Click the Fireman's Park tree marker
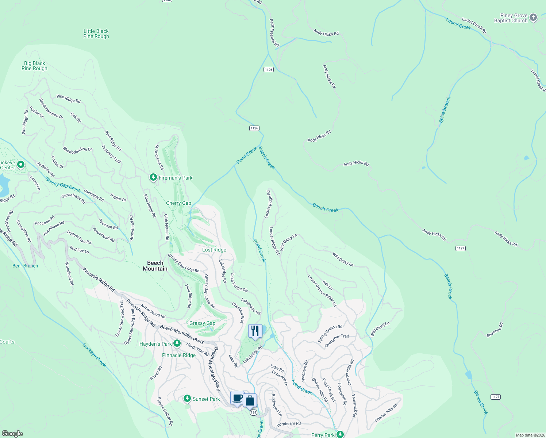click(x=153, y=177)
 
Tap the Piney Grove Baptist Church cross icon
click(x=533, y=18)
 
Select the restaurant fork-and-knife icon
click(x=255, y=331)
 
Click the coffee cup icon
click(x=237, y=398)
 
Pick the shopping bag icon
click(x=250, y=400)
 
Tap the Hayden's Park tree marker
click(x=177, y=343)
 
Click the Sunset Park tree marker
click(x=187, y=399)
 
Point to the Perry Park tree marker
click(x=340, y=434)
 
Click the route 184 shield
click(x=253, y=412)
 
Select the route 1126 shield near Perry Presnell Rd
click(x=269, y=69)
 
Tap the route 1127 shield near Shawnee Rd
click(x=495, y=397)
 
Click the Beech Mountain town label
click(x=155, y=266)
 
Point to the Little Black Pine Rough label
click(x=96, y=34)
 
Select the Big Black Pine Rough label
click(x=34, y=66)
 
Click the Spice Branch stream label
click(x=445, y=109)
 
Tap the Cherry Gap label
click(x=178, y=203)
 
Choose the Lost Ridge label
click(x=214, y=250)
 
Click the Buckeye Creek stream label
click(x=94, y=355)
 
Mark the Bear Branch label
click(x=25, y=266)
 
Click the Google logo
click(x=12, y=434)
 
